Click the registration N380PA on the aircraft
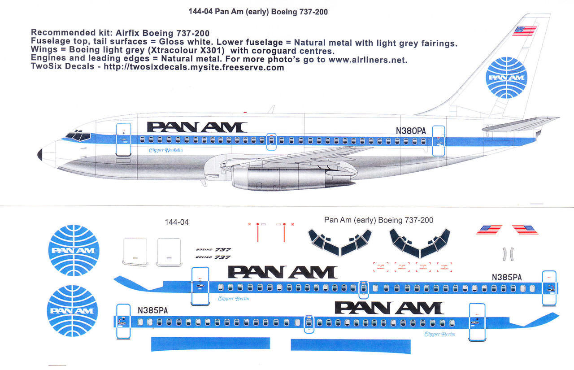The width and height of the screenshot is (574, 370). click(x=410, y=131)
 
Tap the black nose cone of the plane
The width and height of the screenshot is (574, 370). click(x=39, y=154)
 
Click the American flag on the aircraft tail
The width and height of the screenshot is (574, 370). click(x=525, y=30)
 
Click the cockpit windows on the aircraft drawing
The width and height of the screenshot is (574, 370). click(x=77, y=136)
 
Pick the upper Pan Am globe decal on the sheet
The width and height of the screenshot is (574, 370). click(x=73, y=250)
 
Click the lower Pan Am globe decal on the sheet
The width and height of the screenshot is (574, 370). click(x=73, y=310)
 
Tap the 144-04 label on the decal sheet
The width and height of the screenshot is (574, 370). click(x=177, y=222)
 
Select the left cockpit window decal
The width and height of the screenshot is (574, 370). click(x=340, y=242)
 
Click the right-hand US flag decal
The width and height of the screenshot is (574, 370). click(x=525, y=230)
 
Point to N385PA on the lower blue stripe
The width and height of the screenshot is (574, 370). click(x=153, y=310)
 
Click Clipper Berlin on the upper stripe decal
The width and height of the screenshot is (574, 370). click(x=233, y=299)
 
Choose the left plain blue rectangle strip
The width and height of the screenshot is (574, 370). click(x=211, y=344)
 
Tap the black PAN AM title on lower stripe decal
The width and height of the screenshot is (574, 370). click(x=389, y=308)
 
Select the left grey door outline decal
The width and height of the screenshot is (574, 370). click(x=135, y=250)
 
